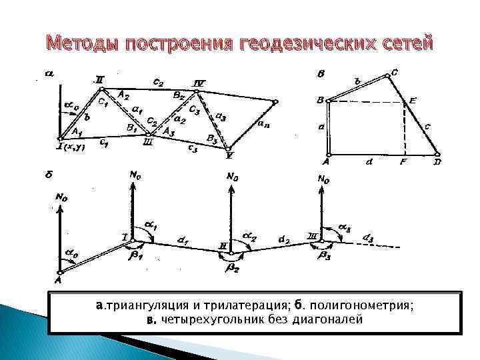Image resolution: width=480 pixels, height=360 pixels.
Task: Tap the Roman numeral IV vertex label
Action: coord(199,83)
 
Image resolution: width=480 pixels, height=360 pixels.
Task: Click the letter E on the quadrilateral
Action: coord(413,101)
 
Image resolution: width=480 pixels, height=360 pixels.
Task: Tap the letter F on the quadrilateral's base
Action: coord(404,161)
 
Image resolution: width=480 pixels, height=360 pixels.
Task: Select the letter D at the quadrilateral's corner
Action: coord(437,161)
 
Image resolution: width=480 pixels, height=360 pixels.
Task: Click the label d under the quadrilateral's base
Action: coord(367,161)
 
